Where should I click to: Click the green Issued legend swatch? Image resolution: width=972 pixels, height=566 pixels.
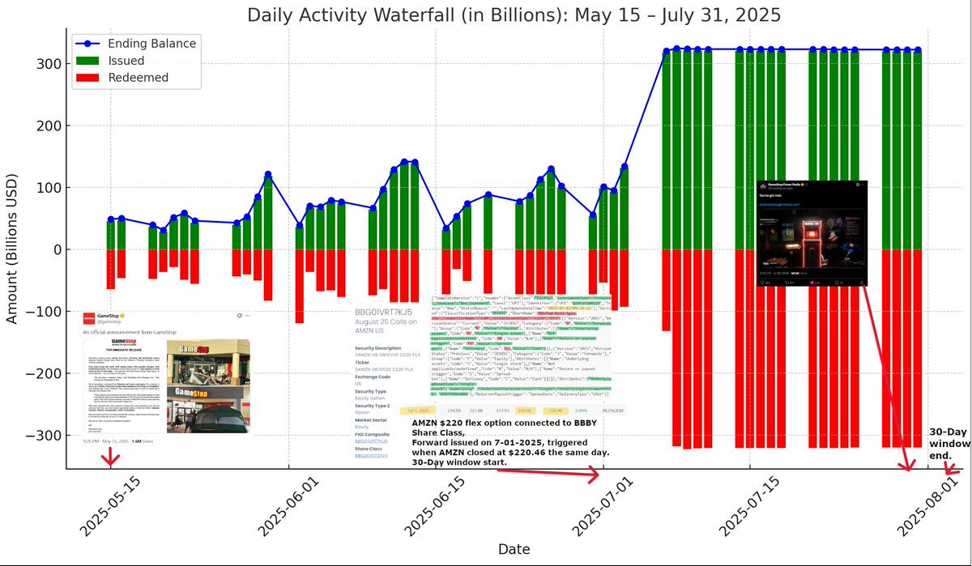90,61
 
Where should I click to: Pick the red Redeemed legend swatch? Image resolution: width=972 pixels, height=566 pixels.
90,78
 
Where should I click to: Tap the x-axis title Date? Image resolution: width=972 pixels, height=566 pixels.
514,549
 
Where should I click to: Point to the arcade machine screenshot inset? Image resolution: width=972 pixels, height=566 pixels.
811,233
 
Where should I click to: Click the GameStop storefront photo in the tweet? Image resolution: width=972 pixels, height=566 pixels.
208,386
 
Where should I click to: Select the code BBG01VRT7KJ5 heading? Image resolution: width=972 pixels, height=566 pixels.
384,312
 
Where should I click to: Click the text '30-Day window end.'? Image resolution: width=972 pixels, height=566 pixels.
948,443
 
